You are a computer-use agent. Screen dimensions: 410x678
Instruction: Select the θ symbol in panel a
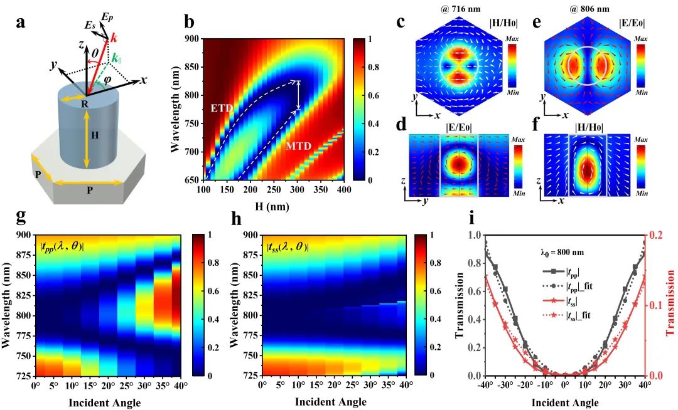95,55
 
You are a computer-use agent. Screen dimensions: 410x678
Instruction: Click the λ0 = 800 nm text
563,254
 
